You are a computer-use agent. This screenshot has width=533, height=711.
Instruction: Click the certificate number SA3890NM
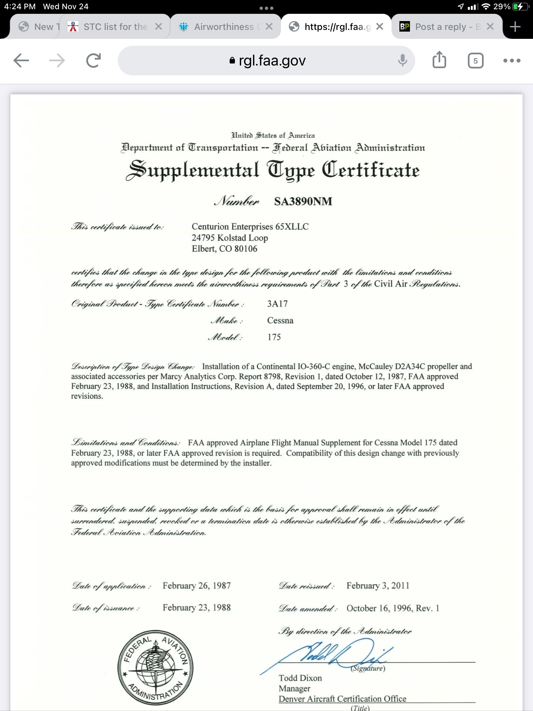(x=303, y=201)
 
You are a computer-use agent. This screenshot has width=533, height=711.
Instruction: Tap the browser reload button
(x=93, y=61)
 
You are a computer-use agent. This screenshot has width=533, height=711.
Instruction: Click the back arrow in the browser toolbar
(x=21, y=61)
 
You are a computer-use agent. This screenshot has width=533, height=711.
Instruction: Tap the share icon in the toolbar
(x=439, y=60)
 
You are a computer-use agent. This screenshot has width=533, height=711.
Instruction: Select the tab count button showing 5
(x=475, y=61)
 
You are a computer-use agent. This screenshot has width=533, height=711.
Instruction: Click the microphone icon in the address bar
(x=402, y=61)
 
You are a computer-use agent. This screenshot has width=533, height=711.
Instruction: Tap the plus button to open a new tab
(x=515, y=27)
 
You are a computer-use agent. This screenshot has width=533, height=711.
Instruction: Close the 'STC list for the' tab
(x=159, y=27)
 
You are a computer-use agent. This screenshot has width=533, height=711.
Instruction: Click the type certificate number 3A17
(x=277, y=303)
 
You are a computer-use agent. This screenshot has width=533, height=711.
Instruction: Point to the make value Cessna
(x=280, y=320)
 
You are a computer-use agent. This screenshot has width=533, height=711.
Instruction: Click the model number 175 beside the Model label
(x=274, y=337)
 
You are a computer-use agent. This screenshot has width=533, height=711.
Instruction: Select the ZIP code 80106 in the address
(x=246, y=249)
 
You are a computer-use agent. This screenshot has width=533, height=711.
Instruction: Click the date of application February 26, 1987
(x=196, y=586)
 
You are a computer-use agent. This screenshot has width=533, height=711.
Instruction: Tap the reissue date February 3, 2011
(x=378, y=586)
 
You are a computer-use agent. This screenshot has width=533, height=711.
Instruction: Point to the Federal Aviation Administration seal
(x=155, y=668)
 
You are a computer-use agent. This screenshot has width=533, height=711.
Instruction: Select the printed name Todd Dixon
(x=300, y=678)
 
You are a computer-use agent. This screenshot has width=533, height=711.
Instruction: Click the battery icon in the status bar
(x=519, y=7)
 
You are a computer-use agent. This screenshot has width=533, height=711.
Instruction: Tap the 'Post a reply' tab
(x=441, y=27)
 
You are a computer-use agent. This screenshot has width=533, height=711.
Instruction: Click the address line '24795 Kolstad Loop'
(x=230, y=238)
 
